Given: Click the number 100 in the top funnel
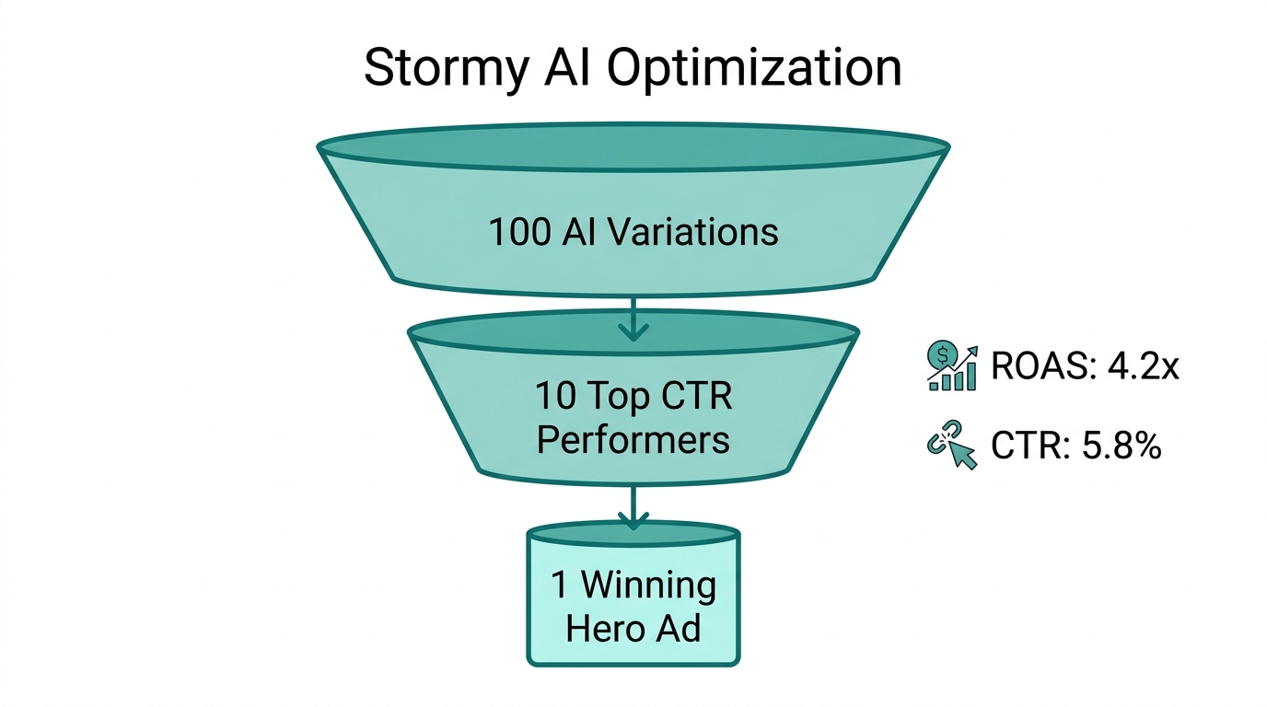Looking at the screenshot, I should (519, 232).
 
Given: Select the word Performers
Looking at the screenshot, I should (633, 440).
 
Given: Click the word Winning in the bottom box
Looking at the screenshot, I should (648, 585).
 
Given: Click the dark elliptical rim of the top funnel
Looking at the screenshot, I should (633, 147).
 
